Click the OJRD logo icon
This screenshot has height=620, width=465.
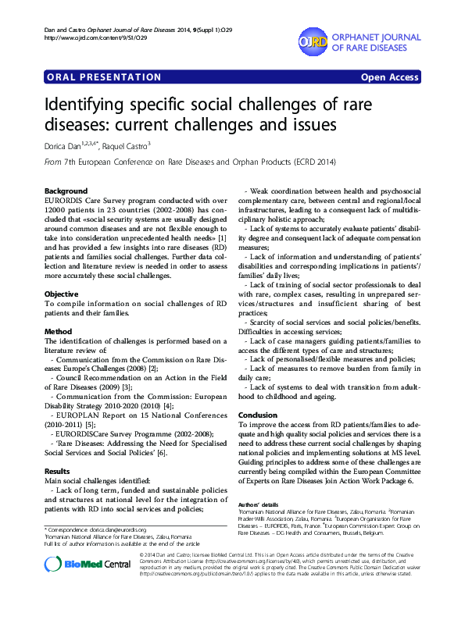tap(313, 40)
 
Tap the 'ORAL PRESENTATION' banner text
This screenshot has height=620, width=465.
tap(92, 77)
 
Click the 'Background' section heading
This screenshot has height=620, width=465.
tap(66, 191)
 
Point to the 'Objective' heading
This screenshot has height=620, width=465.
tap(62, 272)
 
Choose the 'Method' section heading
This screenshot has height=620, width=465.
tap(59, 332)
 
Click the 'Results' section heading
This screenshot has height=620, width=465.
tap(59, 472)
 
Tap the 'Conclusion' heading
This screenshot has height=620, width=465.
tap(258, 415)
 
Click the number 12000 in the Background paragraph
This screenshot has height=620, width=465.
tap(59, 211)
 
